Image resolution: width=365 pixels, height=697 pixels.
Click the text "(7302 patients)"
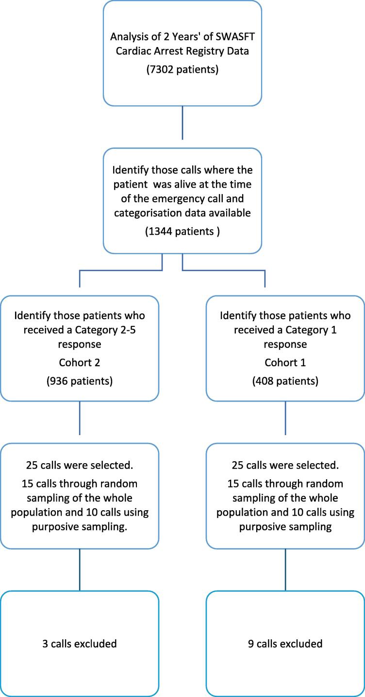182,69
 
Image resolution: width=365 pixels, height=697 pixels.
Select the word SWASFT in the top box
235,36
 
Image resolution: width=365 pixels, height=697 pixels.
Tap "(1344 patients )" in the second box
182,231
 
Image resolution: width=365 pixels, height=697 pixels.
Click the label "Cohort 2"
80,362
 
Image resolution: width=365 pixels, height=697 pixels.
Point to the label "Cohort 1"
285,362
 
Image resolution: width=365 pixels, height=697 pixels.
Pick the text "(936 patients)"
80,381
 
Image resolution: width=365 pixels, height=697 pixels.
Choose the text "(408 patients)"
285,381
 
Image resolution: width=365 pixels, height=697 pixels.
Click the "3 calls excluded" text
80,644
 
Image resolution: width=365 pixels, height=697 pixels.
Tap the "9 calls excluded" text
285,644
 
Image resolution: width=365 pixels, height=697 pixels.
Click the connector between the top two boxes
182,123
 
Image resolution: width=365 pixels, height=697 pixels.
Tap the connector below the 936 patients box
80,418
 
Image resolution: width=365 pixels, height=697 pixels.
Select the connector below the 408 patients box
285,418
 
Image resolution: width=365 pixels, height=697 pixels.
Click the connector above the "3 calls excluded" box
80,570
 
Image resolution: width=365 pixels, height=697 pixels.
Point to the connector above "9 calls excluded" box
285,570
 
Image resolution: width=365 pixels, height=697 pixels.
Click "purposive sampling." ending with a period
80,527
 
